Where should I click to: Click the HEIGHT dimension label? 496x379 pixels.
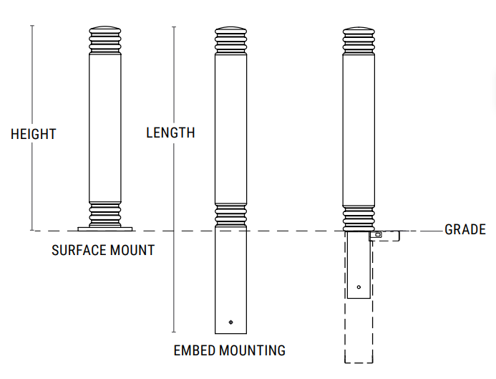click(34, 134)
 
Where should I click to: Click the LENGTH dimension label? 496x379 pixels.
click(170, 133)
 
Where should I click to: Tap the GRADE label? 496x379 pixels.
click(465, 229)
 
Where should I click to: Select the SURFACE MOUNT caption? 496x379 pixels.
click(103, 251)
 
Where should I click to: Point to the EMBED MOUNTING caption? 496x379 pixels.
click(230, 350)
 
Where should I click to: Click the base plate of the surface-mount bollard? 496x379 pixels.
click(105, 229)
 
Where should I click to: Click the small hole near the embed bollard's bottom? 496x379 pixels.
click(230, 322)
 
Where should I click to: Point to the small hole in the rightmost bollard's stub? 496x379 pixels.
click(359, 287)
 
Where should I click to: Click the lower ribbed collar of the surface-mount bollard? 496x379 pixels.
click(105, 213)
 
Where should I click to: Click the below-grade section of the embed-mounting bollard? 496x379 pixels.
click(231, 279)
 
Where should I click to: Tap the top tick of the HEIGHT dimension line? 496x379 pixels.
click(33, 26)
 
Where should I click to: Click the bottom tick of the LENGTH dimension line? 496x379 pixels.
click(174, 332)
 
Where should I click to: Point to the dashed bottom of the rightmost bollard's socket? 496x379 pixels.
click(358, 363)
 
